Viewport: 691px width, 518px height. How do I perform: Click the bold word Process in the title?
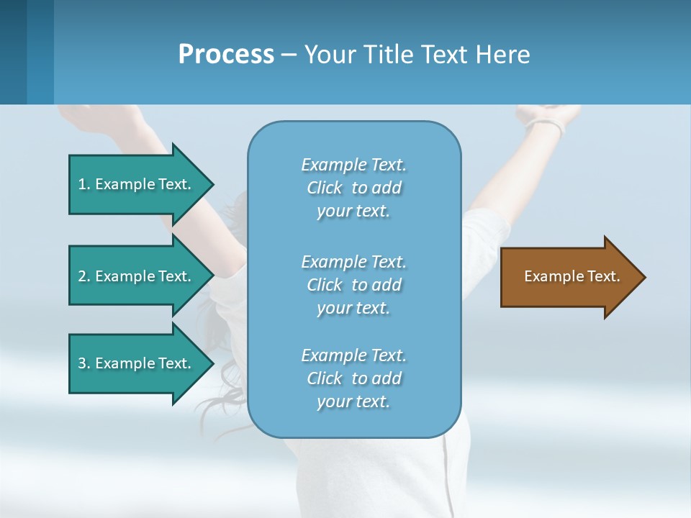point(226,55)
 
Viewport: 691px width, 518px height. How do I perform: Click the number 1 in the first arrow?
point(82,184)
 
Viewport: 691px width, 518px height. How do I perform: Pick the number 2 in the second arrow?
point(82,276)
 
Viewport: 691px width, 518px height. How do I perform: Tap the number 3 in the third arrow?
point(82,363)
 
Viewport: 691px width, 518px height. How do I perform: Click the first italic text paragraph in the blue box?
point(353,188)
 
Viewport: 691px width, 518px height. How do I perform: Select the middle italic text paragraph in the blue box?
point(353,285)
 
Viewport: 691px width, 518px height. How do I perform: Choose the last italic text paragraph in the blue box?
point(353,378)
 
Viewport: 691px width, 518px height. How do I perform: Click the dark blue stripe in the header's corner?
point(13,52)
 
